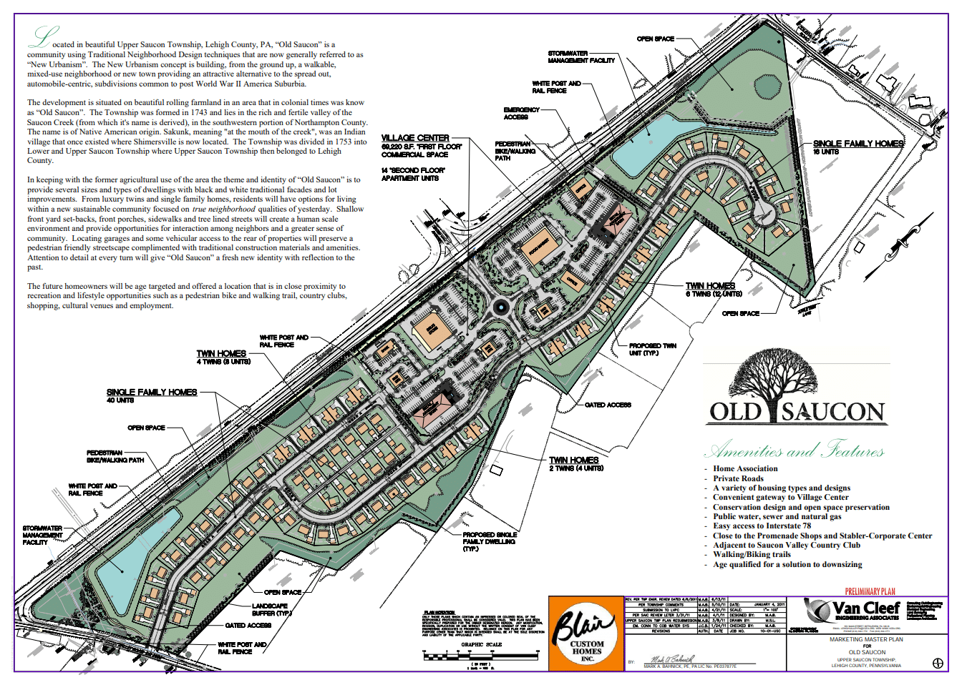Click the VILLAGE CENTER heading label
pos(415,138)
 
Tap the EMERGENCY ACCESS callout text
pos(521,113)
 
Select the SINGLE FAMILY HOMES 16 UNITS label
pos(857,147)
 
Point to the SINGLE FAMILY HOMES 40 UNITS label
pos(151,395)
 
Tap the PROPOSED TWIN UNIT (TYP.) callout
pos(652,350)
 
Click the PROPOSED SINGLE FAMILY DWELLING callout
pos(490,541)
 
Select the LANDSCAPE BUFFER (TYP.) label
pos(271,609)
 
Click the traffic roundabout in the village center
pos(501,308)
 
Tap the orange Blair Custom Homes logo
pos(586,634)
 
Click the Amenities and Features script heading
pos(795,450)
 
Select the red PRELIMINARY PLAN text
pos(870,591)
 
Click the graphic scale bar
pos(480,654)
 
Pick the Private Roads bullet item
pos(738,478)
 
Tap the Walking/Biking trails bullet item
pos(752,554)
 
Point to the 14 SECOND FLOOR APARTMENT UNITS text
pos(413,174)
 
